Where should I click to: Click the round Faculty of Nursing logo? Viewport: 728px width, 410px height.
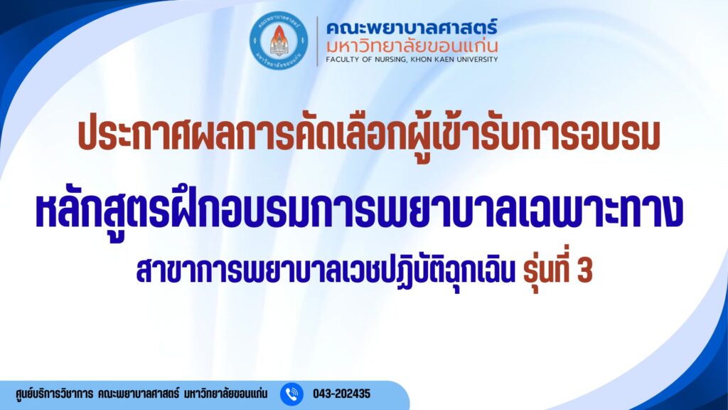[279, 41]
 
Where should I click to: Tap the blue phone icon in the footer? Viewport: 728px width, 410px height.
[291, 394]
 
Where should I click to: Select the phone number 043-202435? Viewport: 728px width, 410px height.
[342, 394]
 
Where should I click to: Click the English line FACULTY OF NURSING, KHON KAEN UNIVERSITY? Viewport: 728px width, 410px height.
[412, 60]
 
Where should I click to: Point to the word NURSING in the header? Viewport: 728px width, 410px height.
[391, 60]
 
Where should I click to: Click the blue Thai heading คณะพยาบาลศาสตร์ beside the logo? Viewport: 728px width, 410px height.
[412, 28]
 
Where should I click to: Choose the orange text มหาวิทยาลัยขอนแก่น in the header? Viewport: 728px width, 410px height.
[412, 46]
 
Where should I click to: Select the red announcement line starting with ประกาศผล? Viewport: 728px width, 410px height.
[369, 135]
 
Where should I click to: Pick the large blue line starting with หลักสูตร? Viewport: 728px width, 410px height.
[359, 211]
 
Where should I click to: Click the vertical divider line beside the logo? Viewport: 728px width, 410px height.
[317, 41]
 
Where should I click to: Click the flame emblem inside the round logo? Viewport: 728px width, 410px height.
[279, 36]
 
